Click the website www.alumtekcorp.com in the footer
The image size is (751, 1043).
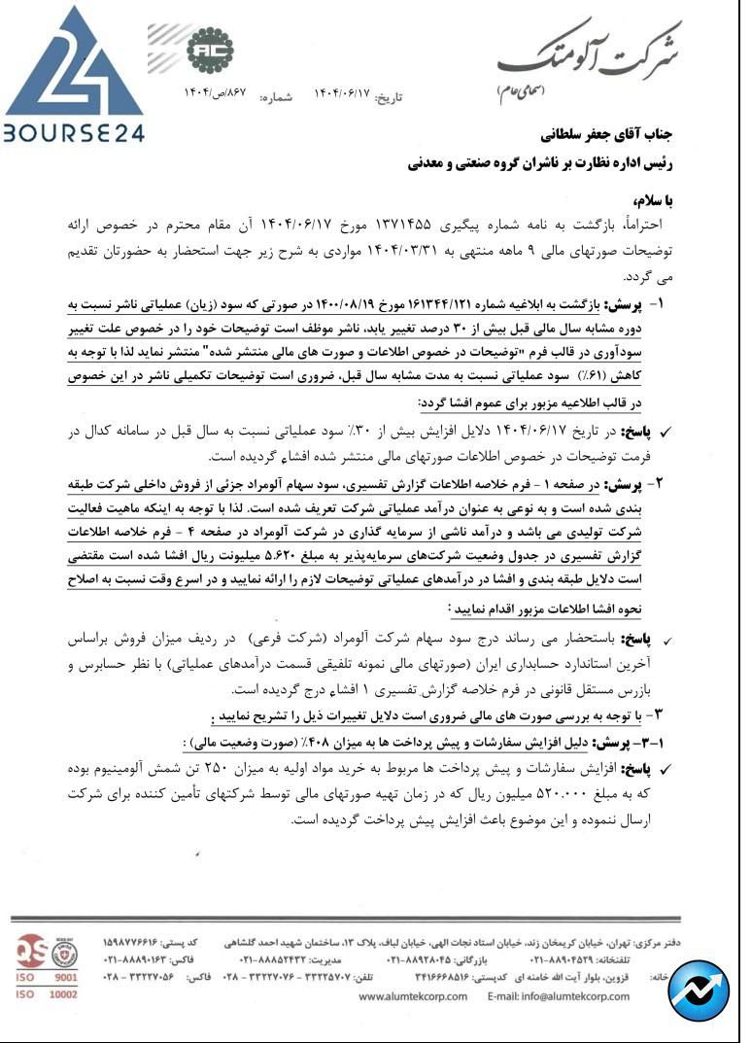coord(413,995)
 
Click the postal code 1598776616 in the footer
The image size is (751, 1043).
coord(135,942)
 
